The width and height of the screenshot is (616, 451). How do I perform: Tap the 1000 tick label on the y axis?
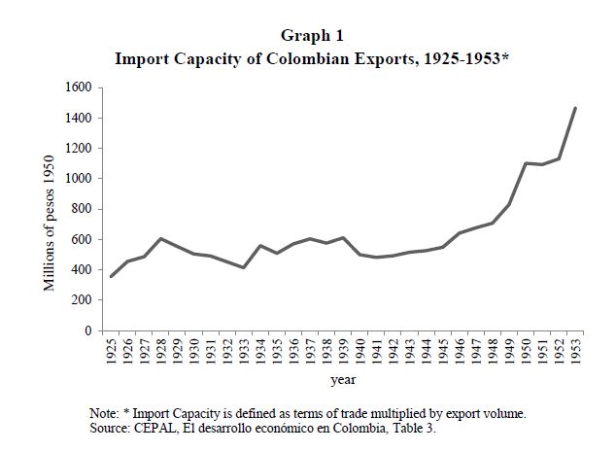(x=78, y=179)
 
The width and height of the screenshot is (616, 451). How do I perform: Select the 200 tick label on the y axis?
(x=82, y=300)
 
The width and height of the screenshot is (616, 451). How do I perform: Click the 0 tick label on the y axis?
(x=88, y=331)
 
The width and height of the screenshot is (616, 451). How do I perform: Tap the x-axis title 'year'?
(x=342, y=378)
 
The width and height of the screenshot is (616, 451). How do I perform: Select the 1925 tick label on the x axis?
(x=113, y=350)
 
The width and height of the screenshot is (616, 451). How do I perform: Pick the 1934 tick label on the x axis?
(x=261, y=350)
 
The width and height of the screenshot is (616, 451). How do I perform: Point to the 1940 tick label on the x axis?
(x=360, y=350)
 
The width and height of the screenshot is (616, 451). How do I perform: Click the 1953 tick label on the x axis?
(x=575, y=350)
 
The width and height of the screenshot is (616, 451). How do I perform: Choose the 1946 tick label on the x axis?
(x=460, y=350)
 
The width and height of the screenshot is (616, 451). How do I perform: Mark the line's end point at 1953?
(x=575, y=108)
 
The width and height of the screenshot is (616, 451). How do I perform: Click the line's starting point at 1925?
(x=113, y=277)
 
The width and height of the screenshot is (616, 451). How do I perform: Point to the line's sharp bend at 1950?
(x=526, y=163)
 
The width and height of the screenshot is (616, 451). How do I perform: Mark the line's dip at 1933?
(x=245, y=268)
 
